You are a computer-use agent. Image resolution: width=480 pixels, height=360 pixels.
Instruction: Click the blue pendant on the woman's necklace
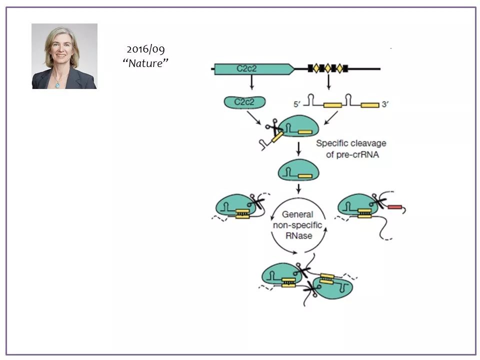[57, 84]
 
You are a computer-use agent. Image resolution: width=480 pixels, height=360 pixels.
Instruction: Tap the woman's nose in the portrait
[60, 52]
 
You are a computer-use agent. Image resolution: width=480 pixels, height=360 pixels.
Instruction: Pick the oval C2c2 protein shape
[244, 102]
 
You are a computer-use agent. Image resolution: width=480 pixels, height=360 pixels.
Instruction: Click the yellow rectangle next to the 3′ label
[369, 105]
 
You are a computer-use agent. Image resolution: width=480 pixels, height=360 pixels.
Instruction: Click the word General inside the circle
[297, 214]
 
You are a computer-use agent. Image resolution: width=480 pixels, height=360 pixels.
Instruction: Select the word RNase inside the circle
[297, 235]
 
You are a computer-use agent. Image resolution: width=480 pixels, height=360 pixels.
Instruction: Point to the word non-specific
[297, 225]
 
